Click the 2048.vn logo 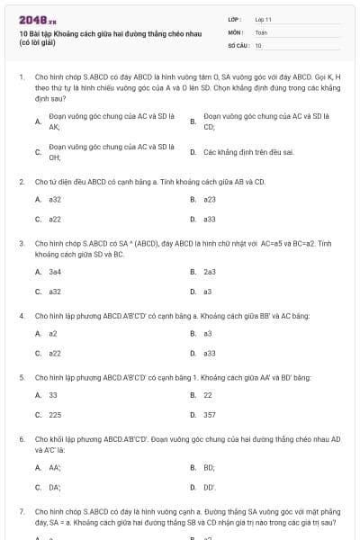[x=31, y=20]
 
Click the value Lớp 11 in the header [x=264, y=19]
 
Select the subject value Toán [x=261, y=31]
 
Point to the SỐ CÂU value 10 [x=258, y=44]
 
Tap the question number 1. [x=21, y=78]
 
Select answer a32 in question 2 [x=55, y=199]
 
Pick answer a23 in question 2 [x=210, y=199]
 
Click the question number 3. [x=21, y=243]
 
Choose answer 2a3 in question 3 [x=210, y=271]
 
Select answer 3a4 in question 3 [x=55, y=271]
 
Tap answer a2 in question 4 [x=53, y=333]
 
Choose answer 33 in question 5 [x=53, y=395]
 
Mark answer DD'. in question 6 [x=210, y=487]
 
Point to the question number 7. [x=21, y=511]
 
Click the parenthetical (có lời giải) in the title [x=37, y=42]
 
